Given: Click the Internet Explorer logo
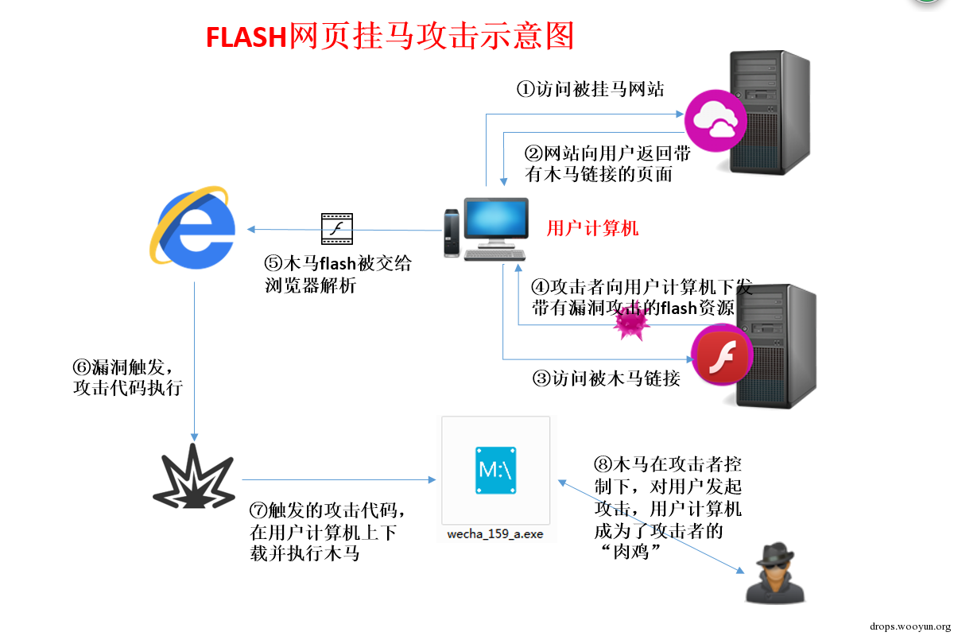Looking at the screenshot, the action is coord(192,228).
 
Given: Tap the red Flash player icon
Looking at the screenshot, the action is coord(723,355).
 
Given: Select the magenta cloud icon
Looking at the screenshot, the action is coord(715,121).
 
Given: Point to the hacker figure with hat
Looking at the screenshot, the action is coord(775,573).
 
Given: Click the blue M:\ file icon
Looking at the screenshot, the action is coord(496,471).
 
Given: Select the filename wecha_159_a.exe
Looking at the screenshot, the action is coord(495,533).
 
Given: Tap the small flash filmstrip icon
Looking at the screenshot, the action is coord(337,229).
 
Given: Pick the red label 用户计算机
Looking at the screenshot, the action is coord(592,228).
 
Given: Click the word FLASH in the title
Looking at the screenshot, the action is coord(246,37).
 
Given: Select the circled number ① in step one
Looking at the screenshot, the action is coord(526,90).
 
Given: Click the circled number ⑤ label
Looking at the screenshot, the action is coord(273,263).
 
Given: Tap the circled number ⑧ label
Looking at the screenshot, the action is coord(603,464).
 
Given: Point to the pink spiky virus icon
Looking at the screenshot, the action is coord(631,324).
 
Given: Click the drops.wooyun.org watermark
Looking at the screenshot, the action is coord(909,626).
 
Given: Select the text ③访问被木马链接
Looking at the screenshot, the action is coord(606,378).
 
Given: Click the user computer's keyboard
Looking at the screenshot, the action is coord(494,254).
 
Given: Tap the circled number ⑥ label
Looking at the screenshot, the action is coord(82,367).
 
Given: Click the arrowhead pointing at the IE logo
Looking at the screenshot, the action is coord(251,229).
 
